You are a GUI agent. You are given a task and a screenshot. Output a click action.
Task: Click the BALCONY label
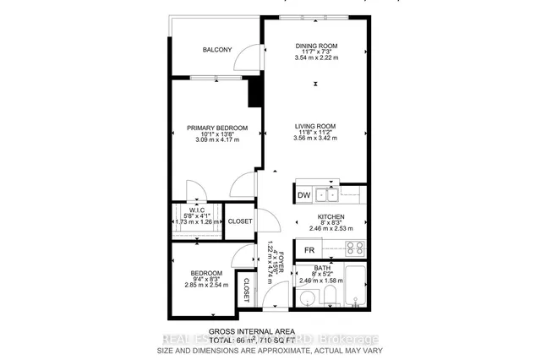tap(217, 50)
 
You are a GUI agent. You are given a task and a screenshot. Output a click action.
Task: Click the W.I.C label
tap(197, 212)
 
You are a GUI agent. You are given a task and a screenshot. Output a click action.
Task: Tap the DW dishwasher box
tap(303, 196)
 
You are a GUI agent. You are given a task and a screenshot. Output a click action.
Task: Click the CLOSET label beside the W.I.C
tap(240, 221)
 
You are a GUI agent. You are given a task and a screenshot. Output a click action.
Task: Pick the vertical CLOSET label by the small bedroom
tap(247, 290)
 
